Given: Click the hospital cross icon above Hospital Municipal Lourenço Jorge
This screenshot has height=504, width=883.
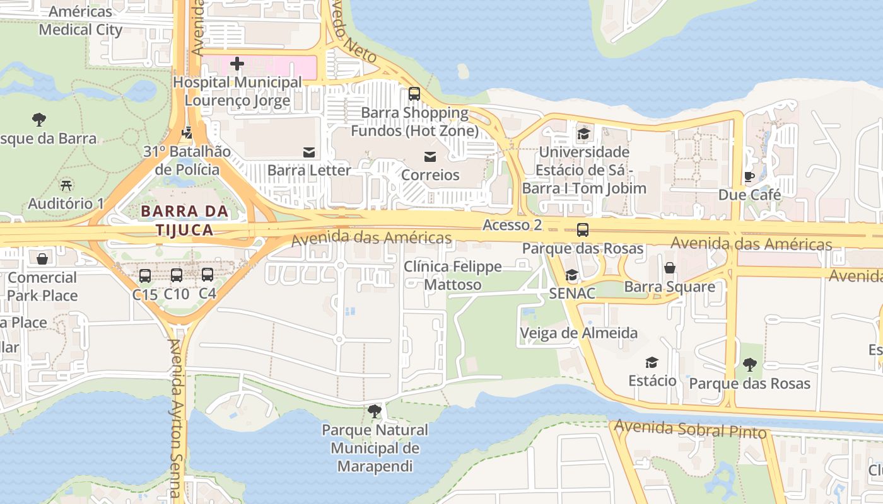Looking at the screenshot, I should pos(237,64).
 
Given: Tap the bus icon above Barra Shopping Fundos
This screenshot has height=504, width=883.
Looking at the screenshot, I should pos(414,94).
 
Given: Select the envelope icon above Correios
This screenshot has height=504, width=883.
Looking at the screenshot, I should pos(430,156).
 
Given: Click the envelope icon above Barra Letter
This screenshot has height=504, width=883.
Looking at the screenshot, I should pos(309,152).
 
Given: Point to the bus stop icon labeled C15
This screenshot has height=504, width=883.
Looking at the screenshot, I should pos(145,275).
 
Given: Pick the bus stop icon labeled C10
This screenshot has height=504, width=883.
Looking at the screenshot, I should pos(177,275).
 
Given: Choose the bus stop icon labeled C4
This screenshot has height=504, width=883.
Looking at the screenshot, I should pos(208,275).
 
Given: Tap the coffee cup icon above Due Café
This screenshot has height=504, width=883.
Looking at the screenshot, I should pos(749,176).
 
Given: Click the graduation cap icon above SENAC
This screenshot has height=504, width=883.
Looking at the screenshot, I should pos(572,275).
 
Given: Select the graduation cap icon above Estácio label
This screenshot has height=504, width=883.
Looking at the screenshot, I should pos(652,362).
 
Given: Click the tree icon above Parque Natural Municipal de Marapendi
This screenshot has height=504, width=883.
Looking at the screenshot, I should pos(375,411).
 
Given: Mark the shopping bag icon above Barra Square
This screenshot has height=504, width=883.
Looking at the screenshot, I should pos(670,268).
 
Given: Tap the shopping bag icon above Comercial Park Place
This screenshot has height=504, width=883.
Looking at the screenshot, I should pos(42,259).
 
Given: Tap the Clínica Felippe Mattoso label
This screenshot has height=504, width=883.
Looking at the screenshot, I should pos(452,275).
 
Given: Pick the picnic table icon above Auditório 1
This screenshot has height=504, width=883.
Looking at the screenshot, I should pos(66,185).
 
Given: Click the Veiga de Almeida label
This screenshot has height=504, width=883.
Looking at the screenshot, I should pos(578,333).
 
